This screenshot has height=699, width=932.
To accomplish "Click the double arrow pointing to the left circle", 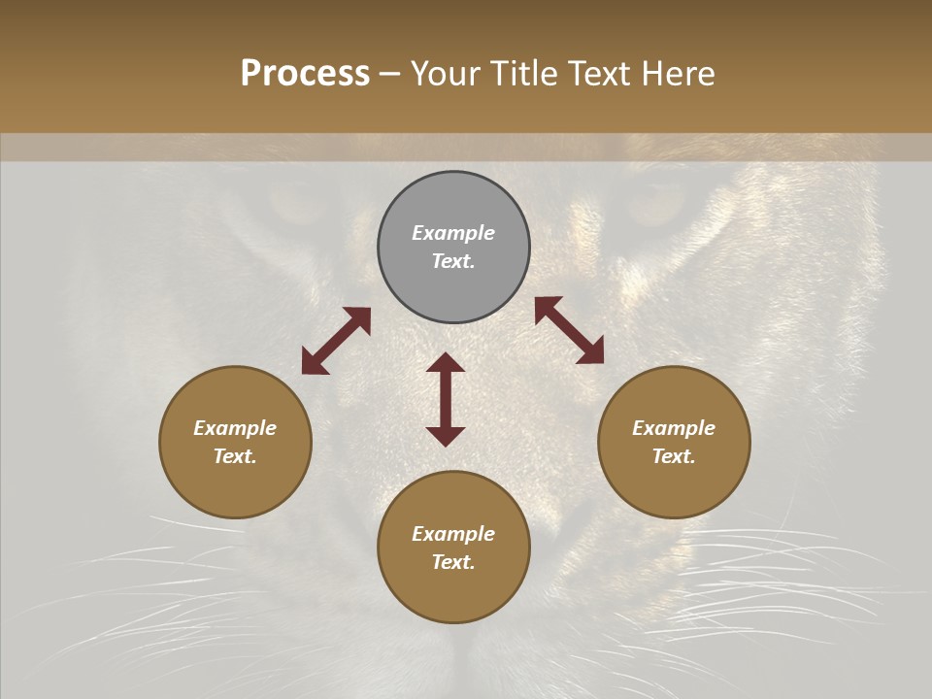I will tap(336, 341).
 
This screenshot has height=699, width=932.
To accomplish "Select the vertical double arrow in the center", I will tap(446, 399).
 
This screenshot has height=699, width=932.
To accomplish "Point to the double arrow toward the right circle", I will tap(569, 330).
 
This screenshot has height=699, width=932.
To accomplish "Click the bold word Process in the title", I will tap(305, 73).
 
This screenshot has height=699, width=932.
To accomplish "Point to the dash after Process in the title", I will tap(389, 74).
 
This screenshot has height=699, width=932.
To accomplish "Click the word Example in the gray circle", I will tap(453, 233).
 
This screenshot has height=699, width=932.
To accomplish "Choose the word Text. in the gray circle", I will tap(453, 261).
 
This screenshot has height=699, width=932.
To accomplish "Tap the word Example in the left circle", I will tap(235, 428).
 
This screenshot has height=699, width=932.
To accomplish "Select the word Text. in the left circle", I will tap(235, 456).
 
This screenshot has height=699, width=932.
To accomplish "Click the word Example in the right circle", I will tap(674, 428).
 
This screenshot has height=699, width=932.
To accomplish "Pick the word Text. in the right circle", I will tap(674, 456).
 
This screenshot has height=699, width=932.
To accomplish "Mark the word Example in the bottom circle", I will tap(453, 534).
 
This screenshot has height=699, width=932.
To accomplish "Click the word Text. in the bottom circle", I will tap(453, 562).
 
